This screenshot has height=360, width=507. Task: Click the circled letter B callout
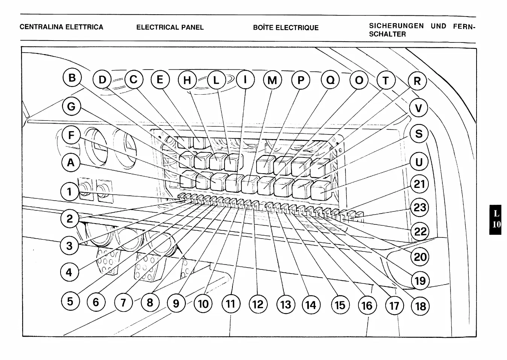(72, 78)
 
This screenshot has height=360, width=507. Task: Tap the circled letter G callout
(71, 107)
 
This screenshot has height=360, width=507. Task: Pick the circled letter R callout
(417, 81)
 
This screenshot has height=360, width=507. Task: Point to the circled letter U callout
(419, 162)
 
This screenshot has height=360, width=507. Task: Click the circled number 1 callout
(70, 192)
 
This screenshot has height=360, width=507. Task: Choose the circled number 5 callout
(70, 301)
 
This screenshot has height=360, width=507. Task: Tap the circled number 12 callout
(258, 304)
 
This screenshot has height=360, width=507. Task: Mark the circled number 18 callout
(420, 306)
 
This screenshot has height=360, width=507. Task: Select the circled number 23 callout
(419, 207)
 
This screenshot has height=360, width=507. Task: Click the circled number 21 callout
(419, 184)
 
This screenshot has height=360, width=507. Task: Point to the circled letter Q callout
(330, 80)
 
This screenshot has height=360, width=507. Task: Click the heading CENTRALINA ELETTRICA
(61, 27)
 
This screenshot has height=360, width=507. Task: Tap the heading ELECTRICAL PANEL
(170, 27)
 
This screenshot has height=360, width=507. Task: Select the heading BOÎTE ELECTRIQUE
(286, 28)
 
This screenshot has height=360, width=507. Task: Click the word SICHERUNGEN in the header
(396, 26)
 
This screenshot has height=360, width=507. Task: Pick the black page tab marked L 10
(496, 219)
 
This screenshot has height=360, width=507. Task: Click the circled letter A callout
(71, 163)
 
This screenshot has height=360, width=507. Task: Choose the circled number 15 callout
(340, 305)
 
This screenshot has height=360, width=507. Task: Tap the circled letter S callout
(419, 134)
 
